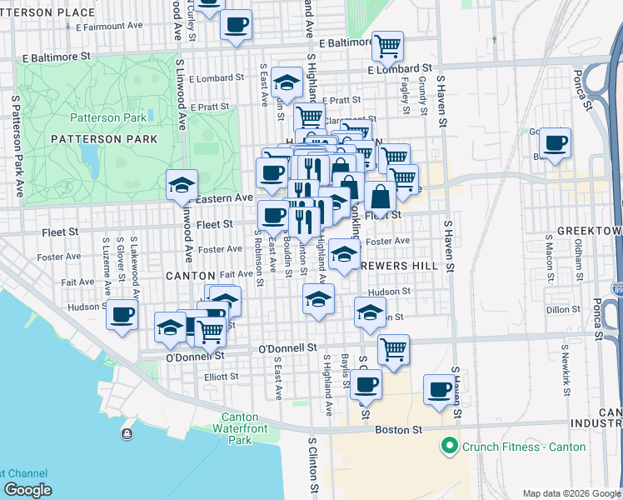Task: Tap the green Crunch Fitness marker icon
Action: (451, 447)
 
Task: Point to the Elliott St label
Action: (222, 377)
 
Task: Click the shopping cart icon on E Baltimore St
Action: (388, 47)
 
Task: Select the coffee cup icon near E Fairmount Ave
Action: (237, 24)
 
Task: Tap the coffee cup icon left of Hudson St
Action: (122, 315)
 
